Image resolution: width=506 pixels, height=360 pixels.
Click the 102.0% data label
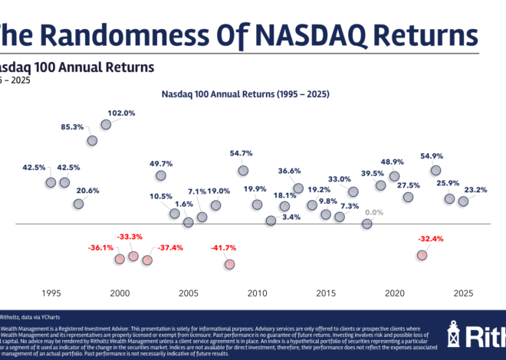coord(121,113)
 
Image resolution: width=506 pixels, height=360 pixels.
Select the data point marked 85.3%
coord(92,140)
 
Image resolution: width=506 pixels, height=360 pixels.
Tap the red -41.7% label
coord(224,247)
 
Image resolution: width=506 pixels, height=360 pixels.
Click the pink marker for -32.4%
coord(422,254)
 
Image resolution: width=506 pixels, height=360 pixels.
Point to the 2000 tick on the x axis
coord(120,293)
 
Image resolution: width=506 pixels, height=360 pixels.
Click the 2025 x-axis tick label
coord(463,293)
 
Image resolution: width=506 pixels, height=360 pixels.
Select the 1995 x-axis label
coord(51,293)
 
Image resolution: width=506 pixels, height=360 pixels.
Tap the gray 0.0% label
coord(374,212)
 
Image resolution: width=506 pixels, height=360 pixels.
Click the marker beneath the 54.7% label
coord(243,170)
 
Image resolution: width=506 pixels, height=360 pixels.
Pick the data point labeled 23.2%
coord(463,201)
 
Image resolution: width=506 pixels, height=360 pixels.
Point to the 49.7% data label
coord(161,163)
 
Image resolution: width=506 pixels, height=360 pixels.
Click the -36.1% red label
coord(100,247)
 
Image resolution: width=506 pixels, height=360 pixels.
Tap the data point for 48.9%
coord(394,175)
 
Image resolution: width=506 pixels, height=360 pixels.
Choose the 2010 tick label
coord(257,293)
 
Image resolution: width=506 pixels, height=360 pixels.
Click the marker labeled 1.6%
coord(188,222)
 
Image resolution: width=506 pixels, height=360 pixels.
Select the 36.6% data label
coord(289,170)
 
